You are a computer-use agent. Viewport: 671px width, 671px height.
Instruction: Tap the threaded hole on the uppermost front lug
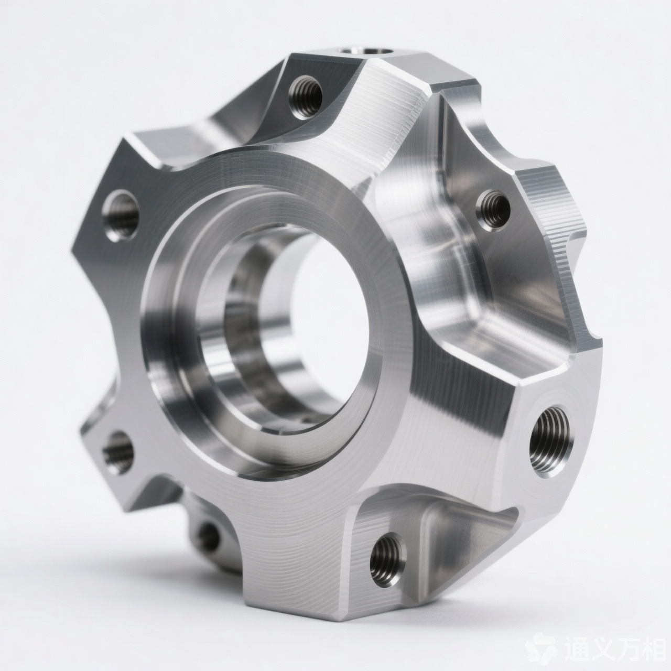click(306, 97)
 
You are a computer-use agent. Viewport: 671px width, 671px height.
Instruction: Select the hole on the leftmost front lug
click(120, 215)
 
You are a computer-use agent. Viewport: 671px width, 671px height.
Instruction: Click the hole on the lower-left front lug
click(118, 453)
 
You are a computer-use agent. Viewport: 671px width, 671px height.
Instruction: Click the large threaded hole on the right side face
click(551, 441)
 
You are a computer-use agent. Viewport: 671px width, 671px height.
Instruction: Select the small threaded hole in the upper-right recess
click(493, 211)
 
